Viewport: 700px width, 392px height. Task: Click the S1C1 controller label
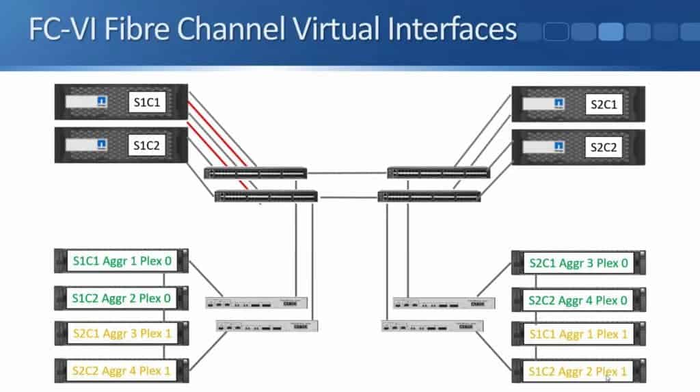click(148, 103)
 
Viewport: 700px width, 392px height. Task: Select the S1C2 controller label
click(148, 145)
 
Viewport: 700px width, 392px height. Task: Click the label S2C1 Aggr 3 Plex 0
click(578, 263)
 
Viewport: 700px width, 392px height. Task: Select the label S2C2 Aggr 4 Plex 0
click(578, 300)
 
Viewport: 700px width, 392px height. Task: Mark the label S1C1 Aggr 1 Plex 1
click(578, 334)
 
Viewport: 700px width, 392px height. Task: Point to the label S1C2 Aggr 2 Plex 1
click(578, 371)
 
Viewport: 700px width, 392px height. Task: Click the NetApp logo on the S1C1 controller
click(101, 103)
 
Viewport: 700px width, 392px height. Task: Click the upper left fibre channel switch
click(255, 173)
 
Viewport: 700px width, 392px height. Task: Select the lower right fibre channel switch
click(429, 197)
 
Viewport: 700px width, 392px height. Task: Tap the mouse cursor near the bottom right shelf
click(607, 378)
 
